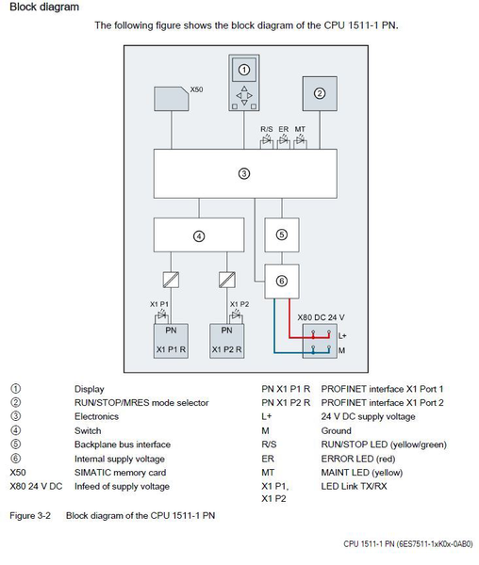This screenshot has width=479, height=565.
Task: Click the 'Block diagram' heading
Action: [x=44, y=8]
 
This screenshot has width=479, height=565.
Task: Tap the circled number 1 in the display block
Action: [x=243, y=70]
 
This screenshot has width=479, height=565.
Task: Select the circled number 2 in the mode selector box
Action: [x=319, y=93]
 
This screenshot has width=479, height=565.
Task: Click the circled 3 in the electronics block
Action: [x=243, y=173]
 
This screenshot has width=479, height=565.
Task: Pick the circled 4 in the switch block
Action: [x=198, y=236]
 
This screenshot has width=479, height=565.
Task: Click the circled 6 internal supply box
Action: [x=281, y=281]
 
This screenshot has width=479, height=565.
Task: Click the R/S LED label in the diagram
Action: [x=267, y=127]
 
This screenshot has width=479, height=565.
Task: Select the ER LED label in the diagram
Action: [x=283, y=127]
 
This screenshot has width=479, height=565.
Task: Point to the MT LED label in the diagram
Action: [x=300, y=127]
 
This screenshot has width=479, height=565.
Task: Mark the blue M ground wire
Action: [x=283, y=352]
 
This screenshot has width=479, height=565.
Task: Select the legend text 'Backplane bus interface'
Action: [x=123, y=444]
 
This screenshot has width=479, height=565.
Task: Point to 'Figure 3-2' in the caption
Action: [x=29, y=516]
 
